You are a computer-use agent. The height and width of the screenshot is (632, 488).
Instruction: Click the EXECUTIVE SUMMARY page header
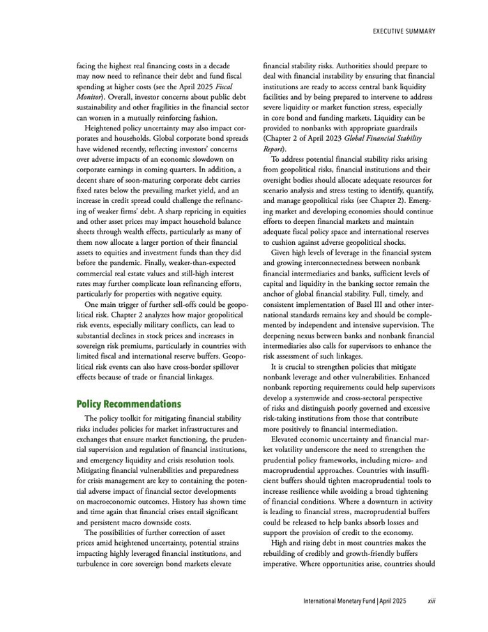404,31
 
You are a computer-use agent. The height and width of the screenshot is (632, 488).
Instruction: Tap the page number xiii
432,601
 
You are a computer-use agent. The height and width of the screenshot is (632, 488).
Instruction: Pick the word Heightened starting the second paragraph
105,129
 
